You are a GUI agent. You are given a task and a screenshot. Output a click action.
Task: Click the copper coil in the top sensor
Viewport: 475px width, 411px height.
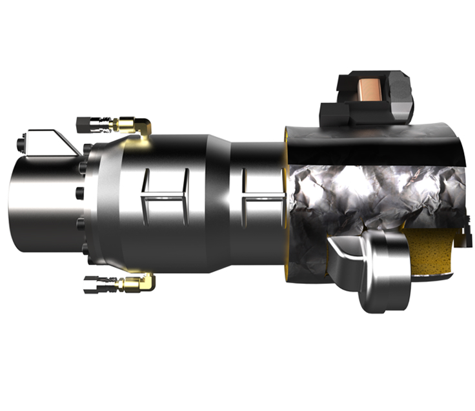pyautogui.click(x=372, y=90)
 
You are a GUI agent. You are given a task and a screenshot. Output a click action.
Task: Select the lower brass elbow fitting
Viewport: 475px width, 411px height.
pyautogui.click(x=138, y=282)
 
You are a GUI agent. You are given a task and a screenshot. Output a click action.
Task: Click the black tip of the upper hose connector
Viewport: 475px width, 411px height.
pyautogui.click(x=82, y=122)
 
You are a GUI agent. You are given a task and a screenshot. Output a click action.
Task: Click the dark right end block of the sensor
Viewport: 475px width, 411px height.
pyautogui.click(x=402, y=97)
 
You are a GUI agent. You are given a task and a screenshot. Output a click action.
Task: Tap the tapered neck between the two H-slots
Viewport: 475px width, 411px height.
pyautogui.click(x=219, y=194)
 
